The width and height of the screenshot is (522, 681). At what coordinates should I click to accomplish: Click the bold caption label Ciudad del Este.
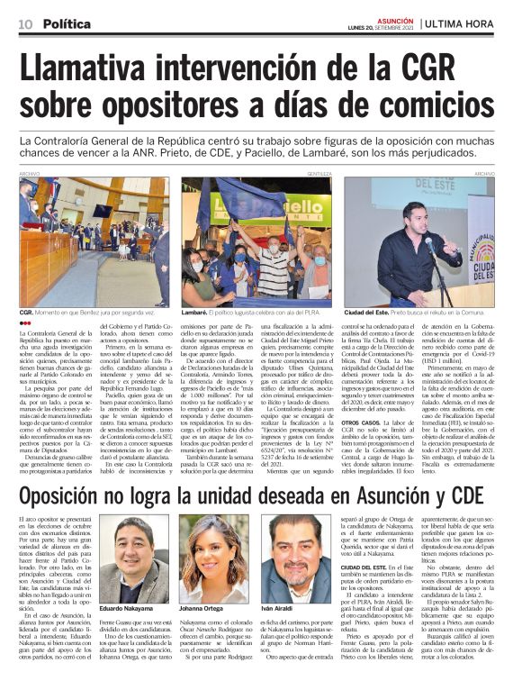[367, 311]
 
